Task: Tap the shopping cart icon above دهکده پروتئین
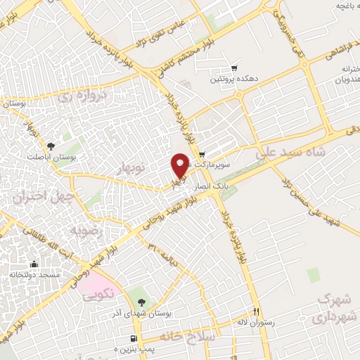click(x=233, y=68)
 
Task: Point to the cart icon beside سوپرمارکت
click(x=202, y=155)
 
